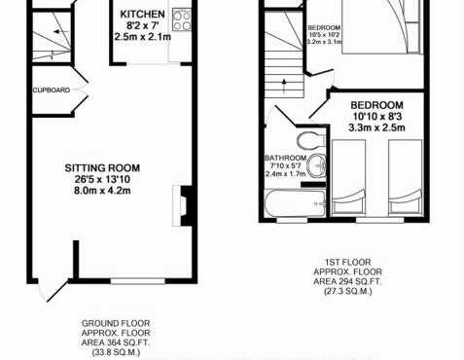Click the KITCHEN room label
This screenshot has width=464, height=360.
coord(141,15)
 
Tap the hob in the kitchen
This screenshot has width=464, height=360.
coord(183,19)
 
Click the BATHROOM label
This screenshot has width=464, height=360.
coord(286,158)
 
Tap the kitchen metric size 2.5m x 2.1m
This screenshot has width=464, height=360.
coord(141,36)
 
